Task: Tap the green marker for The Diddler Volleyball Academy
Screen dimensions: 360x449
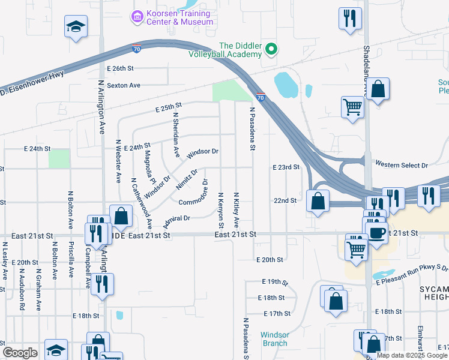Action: [271, 49]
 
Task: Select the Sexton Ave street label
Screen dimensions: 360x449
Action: [123, 85]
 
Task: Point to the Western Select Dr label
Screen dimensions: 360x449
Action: [402, 164]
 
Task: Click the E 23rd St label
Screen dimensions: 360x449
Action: [285, 167]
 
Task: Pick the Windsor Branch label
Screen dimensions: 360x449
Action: [274, 339]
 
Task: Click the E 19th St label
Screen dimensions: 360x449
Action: [276, 281]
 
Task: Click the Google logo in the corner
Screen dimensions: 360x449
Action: [20, 353]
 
